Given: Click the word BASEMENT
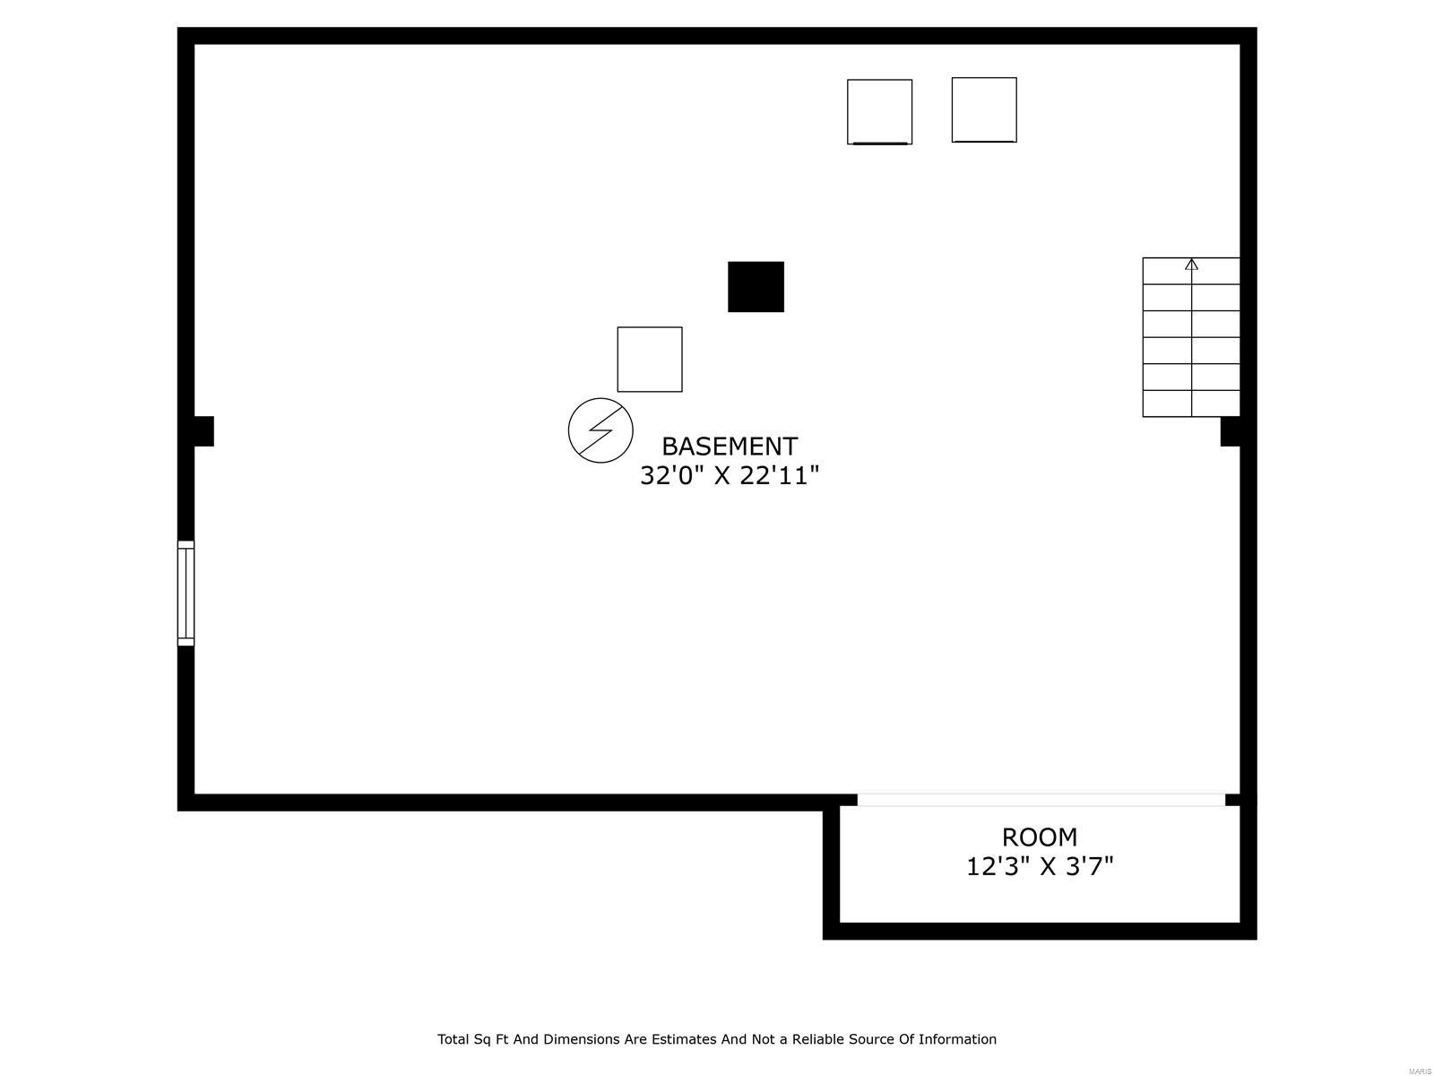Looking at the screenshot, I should (729, 447).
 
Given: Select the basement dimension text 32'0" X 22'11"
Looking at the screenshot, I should (729, 475).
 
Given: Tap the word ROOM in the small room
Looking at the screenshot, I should (1039, 837).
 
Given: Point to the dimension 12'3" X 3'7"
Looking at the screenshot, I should (1039, 867).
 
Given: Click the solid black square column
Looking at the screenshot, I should (756, 287).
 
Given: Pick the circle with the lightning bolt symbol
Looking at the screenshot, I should (600, 430).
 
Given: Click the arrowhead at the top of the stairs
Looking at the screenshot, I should (1191, 265).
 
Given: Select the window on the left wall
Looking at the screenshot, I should (186, 593).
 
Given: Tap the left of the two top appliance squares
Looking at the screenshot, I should (879, 111).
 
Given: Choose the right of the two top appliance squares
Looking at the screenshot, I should (983, 109).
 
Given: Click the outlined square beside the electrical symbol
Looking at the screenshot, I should (649, 359).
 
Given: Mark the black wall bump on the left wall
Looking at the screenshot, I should (203, 431).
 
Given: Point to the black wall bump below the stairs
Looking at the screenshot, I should (1231, 431).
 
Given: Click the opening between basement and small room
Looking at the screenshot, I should (1041, 800).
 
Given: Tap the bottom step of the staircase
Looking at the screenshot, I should (1191, 403).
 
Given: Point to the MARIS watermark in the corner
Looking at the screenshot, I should (1419, 1072).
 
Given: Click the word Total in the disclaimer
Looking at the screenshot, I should (454, 1039).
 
